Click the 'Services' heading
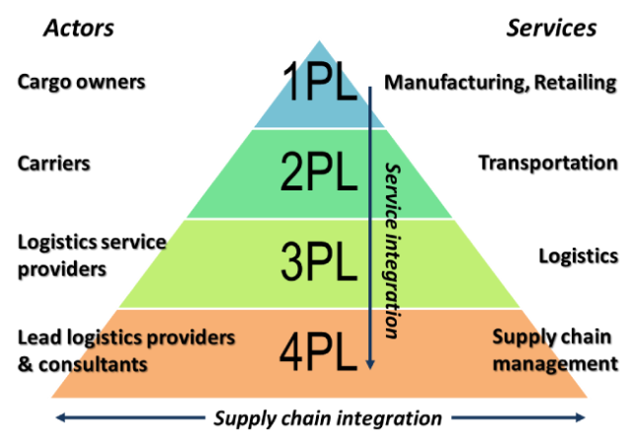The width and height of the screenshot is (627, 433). click(552, 27)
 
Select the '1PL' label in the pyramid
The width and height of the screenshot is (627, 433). click(318, 84)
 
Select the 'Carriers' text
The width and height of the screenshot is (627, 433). click(55, 162)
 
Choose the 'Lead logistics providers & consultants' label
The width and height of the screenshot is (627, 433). click(126, 350)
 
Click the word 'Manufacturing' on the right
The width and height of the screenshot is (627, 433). click(450, 82)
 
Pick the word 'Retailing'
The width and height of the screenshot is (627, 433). click(573, 82)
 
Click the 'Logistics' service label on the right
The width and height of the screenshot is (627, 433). click(578, 255)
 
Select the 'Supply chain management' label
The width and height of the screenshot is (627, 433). click(554, 350)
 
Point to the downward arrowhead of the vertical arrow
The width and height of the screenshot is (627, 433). click(370, 366)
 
